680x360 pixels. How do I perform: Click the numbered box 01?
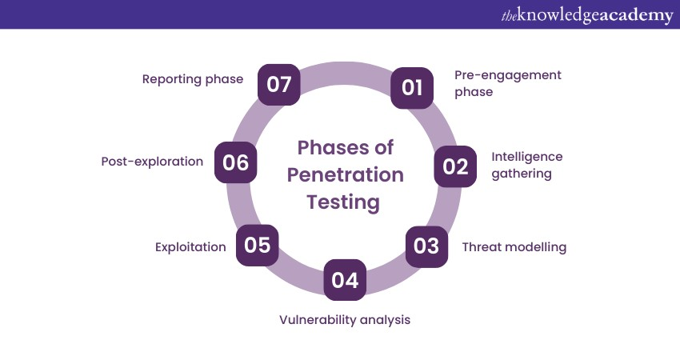click(x=411, y=88)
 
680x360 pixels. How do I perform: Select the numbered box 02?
click(x=455, y=166)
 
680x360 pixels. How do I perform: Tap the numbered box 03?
click(x=426, y=246)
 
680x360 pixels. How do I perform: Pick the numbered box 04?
click(x=345, y=280)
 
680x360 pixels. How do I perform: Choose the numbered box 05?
click(x=257, y=245)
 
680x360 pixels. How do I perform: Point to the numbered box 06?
click(x=235, y=162)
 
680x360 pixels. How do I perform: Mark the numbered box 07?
click(x=279, y=85)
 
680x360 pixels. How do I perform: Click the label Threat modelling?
click(x=514, y=247)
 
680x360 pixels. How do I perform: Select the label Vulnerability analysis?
click(x=345, y=320)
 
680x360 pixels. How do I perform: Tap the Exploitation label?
click(x=190, y=247)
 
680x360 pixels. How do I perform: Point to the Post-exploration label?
click(x=152, y=162)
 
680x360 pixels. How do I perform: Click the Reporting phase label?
click(x=193, y=79)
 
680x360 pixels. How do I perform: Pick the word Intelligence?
click(x=527, y=157)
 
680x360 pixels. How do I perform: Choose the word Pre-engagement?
click(x=508, y=75)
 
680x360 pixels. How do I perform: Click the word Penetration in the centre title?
click(x=346, y=174)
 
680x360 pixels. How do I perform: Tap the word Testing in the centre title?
click(x=343, y=202)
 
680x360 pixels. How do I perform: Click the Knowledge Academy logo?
click(x=586, y=15)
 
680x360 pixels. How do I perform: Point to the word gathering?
click(x=522, y=174)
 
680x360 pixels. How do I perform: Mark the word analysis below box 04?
click(x=385, y=320)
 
